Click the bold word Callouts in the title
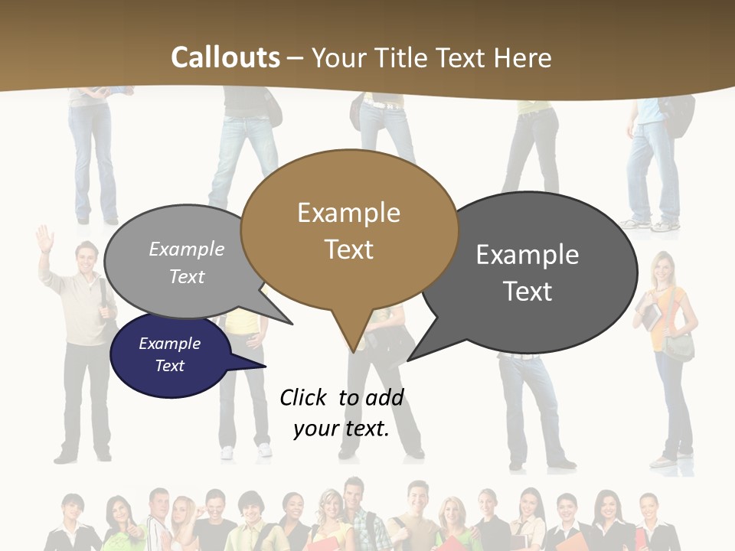point(225,57)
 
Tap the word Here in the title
point(524,57)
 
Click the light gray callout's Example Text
point(187,262)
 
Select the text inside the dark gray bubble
point(528,272)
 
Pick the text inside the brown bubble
point(348,230)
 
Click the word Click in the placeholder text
point(304,397)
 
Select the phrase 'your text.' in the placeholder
point(341,429)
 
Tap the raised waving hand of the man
point(44,237)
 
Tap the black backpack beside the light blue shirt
point(677,115)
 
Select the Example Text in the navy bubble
point(170,354)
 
